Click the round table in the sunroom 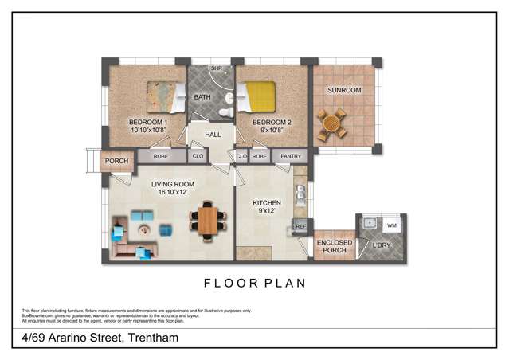(331, 123)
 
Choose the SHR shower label (215, 69)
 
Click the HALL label (213, 135)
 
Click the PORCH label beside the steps (116, 162)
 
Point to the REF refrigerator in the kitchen (300, 227)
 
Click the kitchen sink (300, 194)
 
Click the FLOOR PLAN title (255, 283)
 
